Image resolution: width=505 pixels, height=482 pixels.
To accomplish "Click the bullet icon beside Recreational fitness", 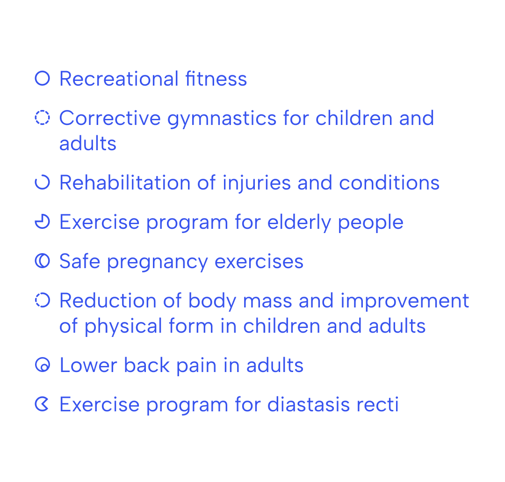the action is (42, 71).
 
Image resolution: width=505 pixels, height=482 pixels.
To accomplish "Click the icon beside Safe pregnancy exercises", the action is (36, 261).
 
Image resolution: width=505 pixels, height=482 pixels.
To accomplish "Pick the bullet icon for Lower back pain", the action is (42, 358).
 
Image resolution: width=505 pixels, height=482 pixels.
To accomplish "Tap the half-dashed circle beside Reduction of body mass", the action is (49, 300).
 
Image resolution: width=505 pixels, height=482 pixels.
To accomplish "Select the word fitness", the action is (216, 79).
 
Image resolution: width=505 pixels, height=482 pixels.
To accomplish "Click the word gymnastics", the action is (222, 119).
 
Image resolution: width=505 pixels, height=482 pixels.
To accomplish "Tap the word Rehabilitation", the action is (125, 183).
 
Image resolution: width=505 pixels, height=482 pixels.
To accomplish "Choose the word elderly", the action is (299, 223).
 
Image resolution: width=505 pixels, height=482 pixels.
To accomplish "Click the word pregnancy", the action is (158, 262).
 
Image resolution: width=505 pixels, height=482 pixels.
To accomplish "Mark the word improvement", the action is (405, 301).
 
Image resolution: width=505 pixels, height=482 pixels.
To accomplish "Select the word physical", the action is (123, 327).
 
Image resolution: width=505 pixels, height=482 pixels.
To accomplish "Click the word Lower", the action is (88, 365).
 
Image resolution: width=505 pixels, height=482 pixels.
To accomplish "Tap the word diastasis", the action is (309, 405).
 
